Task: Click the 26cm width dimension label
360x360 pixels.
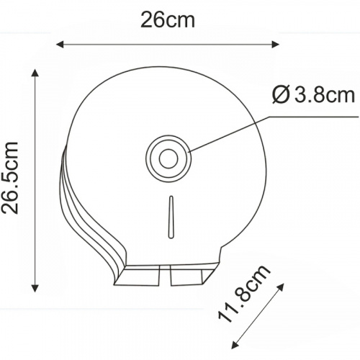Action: [168, 20]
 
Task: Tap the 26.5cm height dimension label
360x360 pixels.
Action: [10, 178]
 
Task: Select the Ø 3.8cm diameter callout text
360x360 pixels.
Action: [313, 95]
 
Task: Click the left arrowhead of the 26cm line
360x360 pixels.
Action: [60, 44]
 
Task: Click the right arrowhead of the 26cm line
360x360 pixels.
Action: [275, 44]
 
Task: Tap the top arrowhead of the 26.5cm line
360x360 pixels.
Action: [35, 73]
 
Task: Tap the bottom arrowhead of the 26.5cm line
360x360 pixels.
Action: [35, 288]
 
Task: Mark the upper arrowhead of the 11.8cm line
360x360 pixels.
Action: [282, 287]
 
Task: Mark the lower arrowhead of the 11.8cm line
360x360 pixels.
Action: [234, 346]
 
